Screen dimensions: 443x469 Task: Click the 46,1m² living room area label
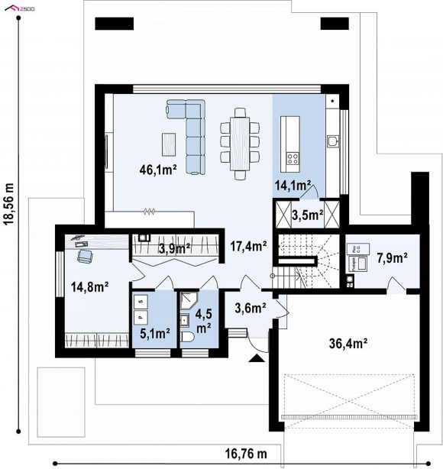[x=158, y=170]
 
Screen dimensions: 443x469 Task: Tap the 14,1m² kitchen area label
[x=293, y=186]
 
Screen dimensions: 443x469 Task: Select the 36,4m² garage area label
[x=348, y=344]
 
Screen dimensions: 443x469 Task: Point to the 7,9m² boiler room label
[x=392, y=258]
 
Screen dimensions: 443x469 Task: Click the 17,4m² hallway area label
[x=248, y=246]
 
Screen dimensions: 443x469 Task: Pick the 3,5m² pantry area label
[x=308, y=215]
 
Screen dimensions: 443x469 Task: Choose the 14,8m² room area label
[x=89, y=287]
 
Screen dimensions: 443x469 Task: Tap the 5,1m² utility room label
[x=155, y=333]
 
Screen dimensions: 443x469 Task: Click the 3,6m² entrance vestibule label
[x=251, y=308]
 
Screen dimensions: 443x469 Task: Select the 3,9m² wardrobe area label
[x=174, y=248]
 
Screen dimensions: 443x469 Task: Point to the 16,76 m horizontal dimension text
[x=246, y=454]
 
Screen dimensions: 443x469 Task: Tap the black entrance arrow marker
[x=257, y=358]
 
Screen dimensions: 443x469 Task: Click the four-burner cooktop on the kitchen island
[x=293, y=158]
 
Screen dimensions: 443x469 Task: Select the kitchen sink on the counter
[x=332, y=141]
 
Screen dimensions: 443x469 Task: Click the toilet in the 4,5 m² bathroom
[x=188, y=337]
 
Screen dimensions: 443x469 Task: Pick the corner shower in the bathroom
[x=188, y=300]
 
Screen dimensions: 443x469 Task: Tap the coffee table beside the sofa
[x=169, y=144]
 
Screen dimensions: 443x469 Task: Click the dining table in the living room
[x=240, y=144]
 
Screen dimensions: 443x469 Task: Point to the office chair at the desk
[x=85, y=256]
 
